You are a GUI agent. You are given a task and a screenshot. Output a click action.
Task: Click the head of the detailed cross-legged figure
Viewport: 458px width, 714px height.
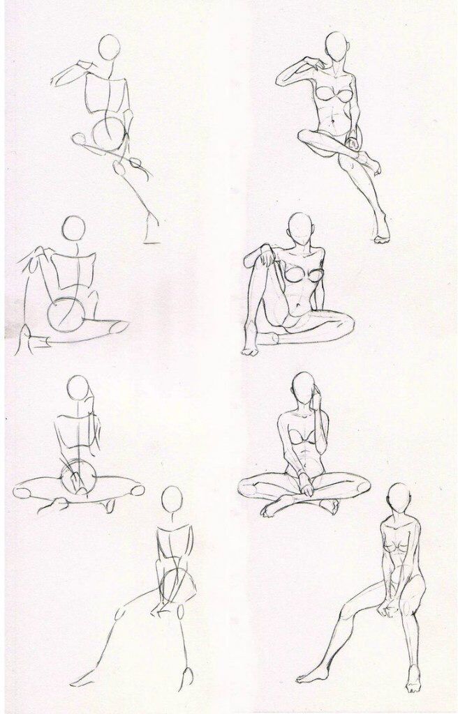click(303, 386)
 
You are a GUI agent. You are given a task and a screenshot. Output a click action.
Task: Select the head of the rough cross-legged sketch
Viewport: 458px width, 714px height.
click(77, 388)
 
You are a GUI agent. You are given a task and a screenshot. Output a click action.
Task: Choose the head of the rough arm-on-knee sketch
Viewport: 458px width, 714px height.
click(73, 229)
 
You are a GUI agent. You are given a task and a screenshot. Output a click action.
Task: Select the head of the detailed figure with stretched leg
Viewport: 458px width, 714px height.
click(399, 496)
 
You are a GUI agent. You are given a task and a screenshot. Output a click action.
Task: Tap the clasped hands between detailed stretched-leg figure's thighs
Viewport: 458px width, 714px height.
click(385, 608)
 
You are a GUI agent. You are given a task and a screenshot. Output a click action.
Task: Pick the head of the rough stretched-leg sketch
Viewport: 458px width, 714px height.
click(172, 500)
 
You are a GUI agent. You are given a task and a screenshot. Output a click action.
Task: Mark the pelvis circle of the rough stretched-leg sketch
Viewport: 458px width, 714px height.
click(176, 584)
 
